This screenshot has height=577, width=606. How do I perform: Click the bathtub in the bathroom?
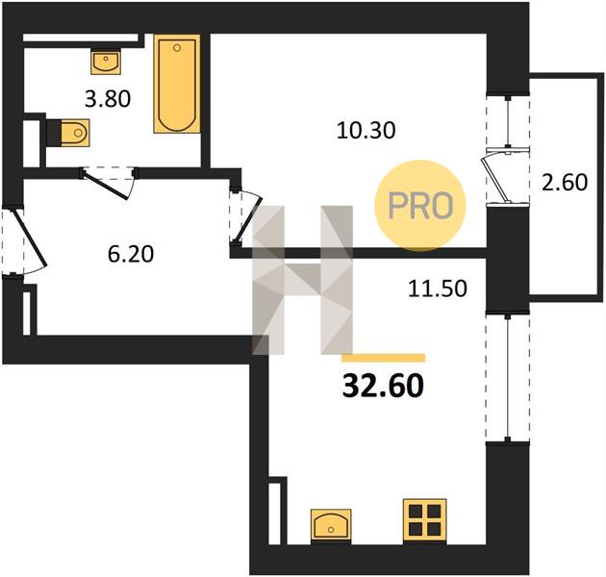click(177, 84)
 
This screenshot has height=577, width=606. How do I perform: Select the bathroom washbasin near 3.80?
click(106, 62)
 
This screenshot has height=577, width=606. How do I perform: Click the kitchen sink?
click(331, 525)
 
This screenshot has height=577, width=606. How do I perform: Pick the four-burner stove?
click(425, 520)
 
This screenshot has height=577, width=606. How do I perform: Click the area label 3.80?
click(108, 99)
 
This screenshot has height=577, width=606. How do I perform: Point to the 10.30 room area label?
click(366, 130)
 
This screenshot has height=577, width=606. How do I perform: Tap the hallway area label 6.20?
click(131, 254)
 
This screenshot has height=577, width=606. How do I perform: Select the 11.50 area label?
click(438, 288)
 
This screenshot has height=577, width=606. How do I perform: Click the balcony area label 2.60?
click(565, 182)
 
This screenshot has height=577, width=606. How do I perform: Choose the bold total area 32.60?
click(383, 386)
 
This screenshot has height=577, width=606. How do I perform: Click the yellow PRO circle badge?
click(420, 205)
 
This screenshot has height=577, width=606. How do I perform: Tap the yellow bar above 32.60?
click(384, 358)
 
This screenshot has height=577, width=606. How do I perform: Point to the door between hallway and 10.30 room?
click(244, 216)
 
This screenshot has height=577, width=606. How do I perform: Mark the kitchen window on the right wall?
click(508, 378)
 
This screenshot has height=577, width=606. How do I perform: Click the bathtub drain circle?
click(177, 47)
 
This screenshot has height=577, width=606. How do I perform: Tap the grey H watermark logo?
click(302, 280)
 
